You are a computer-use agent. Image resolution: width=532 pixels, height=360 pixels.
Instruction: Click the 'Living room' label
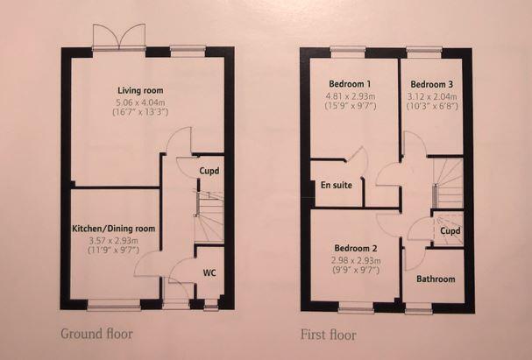click(x=140, y=90)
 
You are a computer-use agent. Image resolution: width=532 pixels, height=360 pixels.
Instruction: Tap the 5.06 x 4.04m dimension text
click(x=140, y=102)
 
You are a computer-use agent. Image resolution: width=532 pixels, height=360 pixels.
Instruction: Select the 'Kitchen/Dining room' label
click(x=114, y=229)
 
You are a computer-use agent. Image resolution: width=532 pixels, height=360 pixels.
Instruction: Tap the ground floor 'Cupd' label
click(x=209, y=171)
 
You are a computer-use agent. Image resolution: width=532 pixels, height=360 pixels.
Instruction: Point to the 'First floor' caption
click(x=323, y=334)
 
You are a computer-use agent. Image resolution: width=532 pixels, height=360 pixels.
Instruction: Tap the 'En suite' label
click(x=337, y=186)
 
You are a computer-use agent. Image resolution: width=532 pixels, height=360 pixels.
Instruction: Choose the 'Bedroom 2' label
click(x=354, y=248)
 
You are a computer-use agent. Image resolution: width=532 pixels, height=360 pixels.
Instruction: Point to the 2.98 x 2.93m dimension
click(x=354, y=260)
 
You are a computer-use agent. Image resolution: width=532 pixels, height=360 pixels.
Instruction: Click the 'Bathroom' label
click(x=436, y=279)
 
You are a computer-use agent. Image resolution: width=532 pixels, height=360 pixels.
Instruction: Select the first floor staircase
click(x=448, y=188)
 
